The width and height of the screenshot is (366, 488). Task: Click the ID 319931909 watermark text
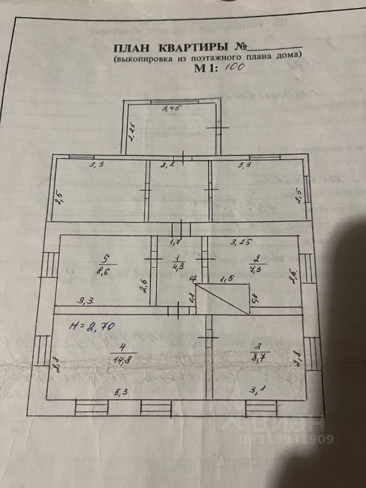(297, 439)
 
